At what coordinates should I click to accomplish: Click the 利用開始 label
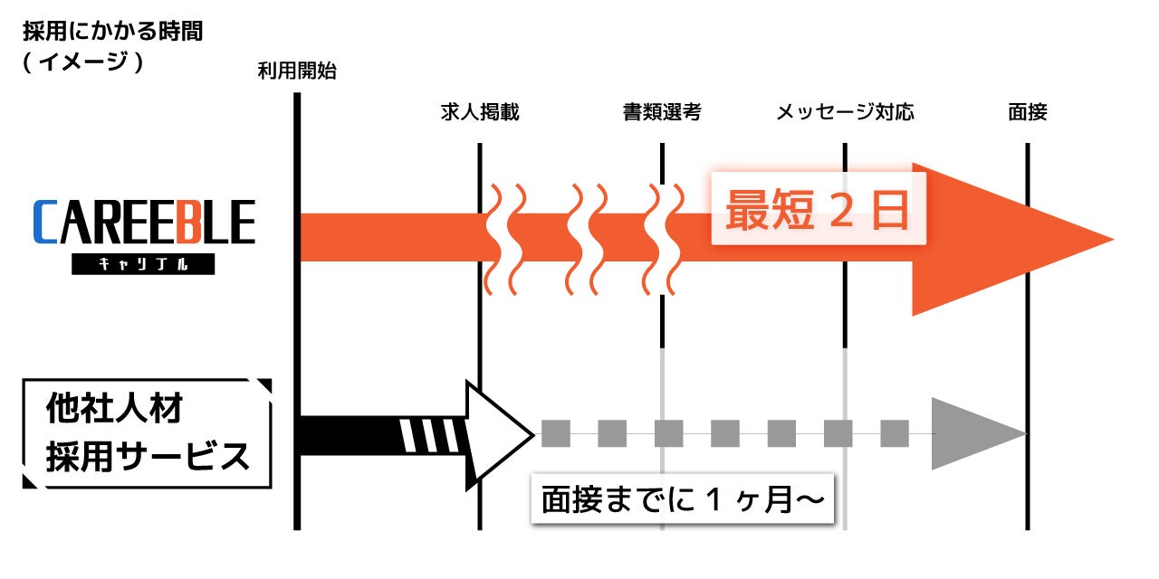[296, 71]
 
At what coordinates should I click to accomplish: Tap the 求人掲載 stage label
[479, 112]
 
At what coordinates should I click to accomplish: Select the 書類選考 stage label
[662, 112]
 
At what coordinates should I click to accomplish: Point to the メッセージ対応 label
[845, 112]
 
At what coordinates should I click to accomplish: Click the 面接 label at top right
[1028, 112]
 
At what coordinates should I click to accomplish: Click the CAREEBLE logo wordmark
[144, 223]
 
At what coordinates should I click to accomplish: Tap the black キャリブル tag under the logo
[143, 264]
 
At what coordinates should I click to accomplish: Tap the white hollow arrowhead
[494, 433]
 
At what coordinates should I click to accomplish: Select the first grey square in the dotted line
[555, 433]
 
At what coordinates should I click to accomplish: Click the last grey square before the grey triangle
[895, 433]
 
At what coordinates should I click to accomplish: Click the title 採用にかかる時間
[112, 33]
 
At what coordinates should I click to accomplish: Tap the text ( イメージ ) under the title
[83, 63]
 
